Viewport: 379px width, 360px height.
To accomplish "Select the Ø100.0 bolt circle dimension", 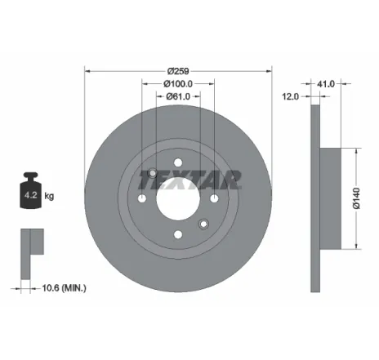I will [x=178, y=83].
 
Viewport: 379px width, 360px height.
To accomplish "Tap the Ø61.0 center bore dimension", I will [x=178, y=98].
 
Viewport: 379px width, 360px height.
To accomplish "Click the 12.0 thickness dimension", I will [x=288, y=97].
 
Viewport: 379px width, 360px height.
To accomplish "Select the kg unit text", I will [x=49, y=197].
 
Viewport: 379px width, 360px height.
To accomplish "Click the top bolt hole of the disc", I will [x=179, y=162].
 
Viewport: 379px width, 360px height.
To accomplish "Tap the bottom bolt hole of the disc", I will [x=179, y=235].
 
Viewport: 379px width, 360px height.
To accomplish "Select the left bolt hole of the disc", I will [x=142, y=199].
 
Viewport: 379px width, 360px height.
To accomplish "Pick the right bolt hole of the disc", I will [x=215, y=199].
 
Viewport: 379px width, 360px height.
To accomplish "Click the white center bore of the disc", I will [x=179, y=200].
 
